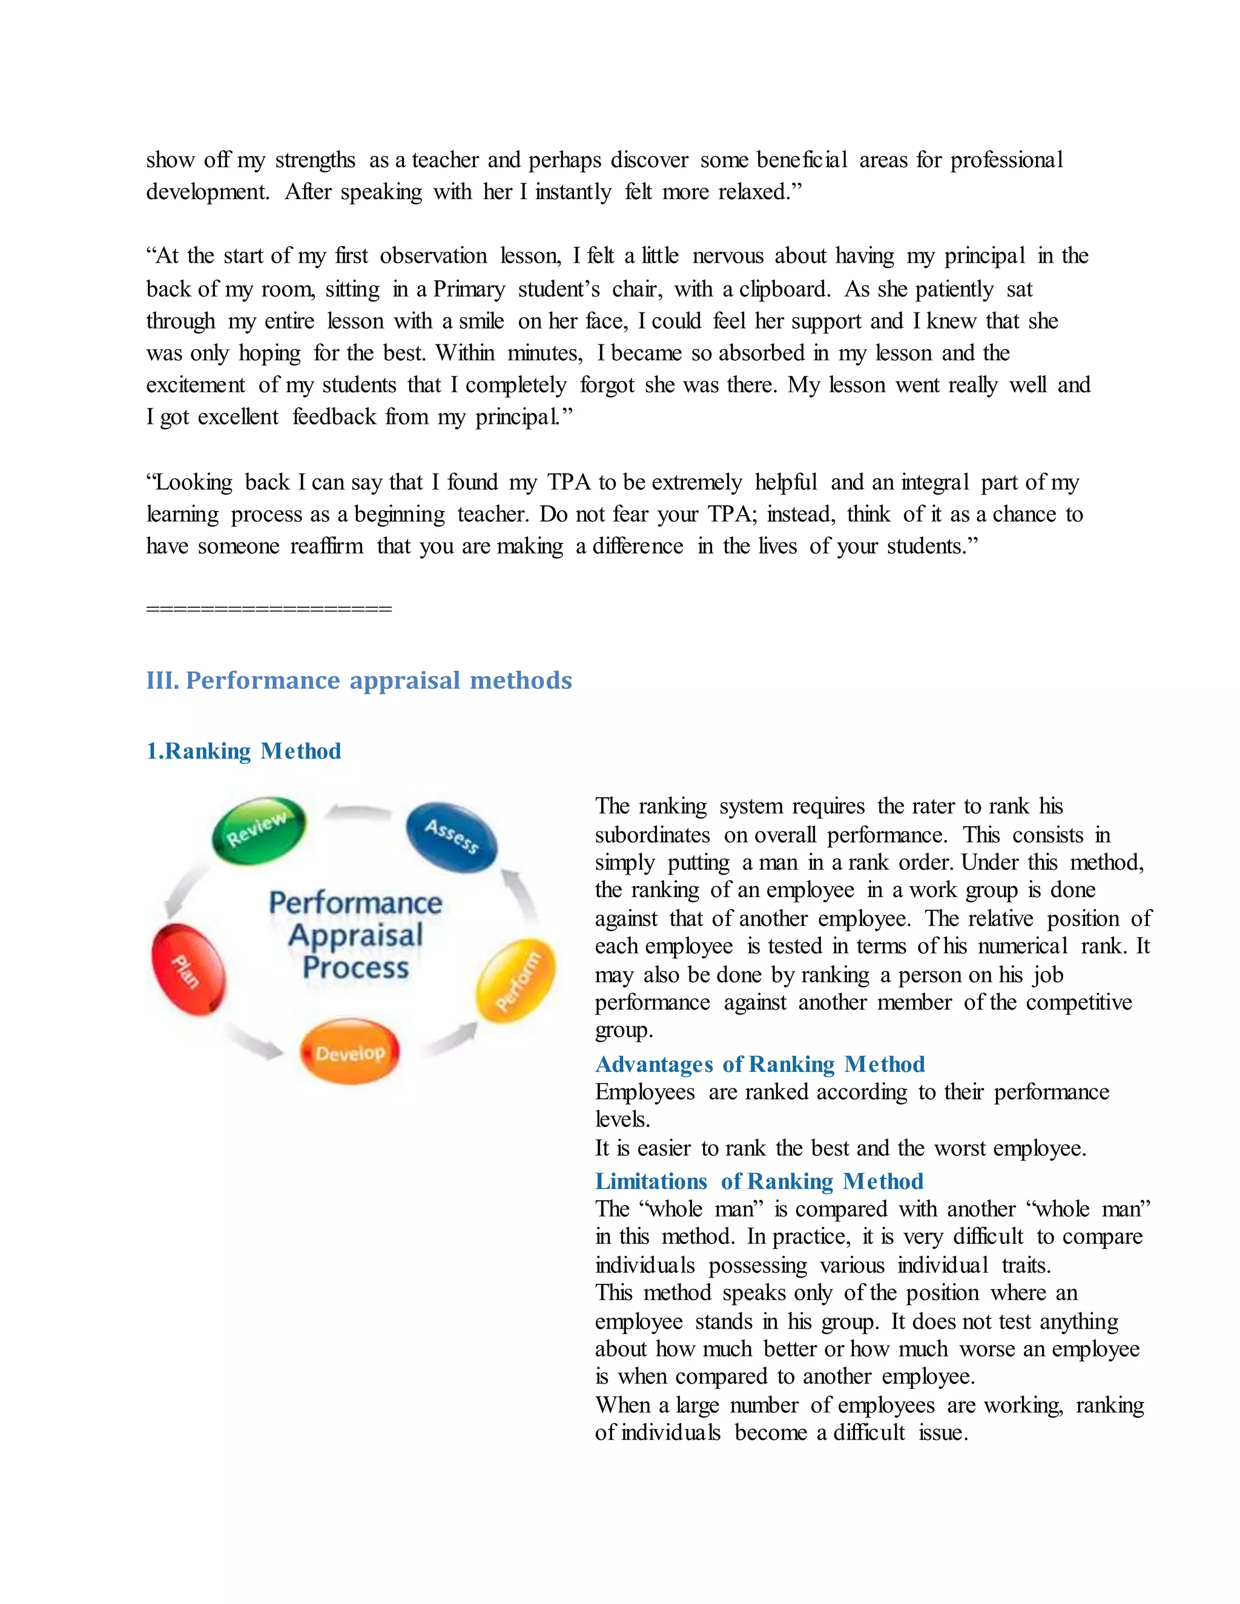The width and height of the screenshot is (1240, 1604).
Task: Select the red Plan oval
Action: pyautogui.click(x=188, y=970)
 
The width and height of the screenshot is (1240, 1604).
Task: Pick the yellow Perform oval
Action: pyautogui.click(x=516, y=980)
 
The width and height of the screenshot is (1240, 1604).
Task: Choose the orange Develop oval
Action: pyautogui.click(x=351, y=1053)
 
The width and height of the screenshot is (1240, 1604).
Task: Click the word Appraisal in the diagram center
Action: pyautogui.click(x=355, y=936)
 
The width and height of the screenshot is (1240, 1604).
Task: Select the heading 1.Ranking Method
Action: pyautogui.click(x=243, y=751)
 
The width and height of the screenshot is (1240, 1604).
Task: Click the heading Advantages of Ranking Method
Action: pyautogui.click(x=760, y=1064)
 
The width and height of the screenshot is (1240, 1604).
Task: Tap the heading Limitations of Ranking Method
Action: pyautogui.click(x=759, y=1181)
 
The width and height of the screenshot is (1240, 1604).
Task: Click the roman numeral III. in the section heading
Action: pyautogui.click(x=162, y=680)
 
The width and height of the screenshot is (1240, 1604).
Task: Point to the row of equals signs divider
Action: pyautogui.click(x=269, y=609)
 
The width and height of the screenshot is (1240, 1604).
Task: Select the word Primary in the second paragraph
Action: pyautogui.click(x=469, y=289)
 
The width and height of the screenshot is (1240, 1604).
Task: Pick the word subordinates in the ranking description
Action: pyautogui.click(x=652, y=835)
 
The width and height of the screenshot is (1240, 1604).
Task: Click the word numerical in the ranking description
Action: pyautogui.click(x=1023, y=947)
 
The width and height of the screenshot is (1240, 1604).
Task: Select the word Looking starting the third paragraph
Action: pyautogui.click(x=193, y=482)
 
